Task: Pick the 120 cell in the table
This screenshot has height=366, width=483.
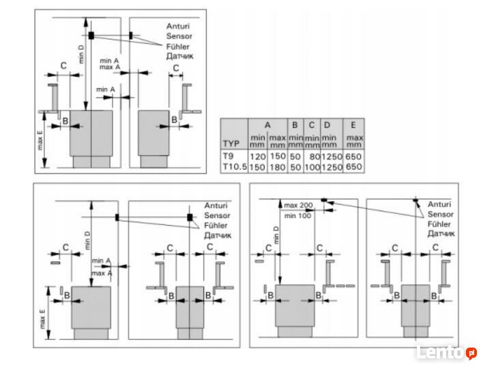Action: coord(257,156)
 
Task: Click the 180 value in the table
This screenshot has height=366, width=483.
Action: coord(277,166)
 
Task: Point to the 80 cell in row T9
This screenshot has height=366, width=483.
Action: coord(314,156)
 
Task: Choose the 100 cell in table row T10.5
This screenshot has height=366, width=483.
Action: coord(312,166)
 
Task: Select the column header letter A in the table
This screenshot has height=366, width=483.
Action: coord(267,125)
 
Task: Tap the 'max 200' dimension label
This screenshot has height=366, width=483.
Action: coord(297,205)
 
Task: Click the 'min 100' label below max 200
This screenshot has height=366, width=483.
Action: coord(297,215)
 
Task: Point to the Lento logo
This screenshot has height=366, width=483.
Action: coord(446,352)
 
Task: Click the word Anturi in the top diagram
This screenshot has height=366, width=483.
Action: coord(179,27)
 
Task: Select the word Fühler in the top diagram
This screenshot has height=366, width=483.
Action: coord(179,46)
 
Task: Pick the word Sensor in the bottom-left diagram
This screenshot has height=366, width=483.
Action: coord(217,215)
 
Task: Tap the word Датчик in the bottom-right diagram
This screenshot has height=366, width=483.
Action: coord(440,233)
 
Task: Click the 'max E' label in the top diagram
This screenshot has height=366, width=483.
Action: coord(40,140)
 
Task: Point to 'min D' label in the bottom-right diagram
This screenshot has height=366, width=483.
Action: coord(276,234)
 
